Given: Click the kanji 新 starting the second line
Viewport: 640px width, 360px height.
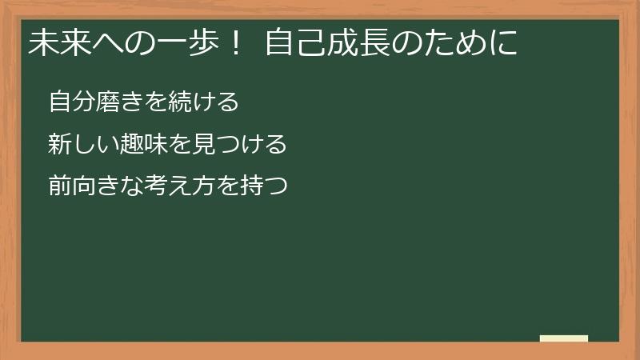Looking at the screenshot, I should click(x=59, y=145).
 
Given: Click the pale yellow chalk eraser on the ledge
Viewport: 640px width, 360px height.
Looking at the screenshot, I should click(x=564, y=338).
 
